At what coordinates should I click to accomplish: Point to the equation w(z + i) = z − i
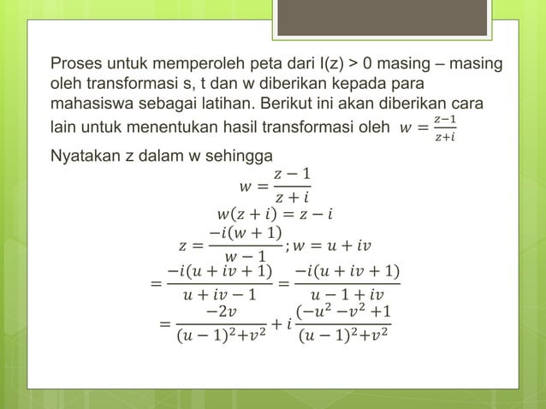274,212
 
